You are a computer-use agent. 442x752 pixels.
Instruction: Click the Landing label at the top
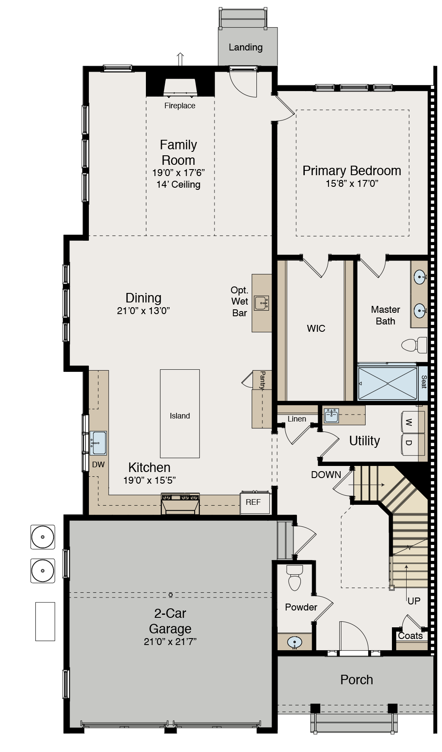pos(245,47)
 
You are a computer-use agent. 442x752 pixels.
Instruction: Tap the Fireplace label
pos(180,106)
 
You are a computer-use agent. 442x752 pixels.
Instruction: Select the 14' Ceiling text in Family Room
pos(178,185)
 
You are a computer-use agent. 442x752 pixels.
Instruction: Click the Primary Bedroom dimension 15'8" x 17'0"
pos(352,184)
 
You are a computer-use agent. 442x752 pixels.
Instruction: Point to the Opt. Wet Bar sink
pos(261,303)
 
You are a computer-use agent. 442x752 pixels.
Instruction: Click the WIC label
pos(316,329)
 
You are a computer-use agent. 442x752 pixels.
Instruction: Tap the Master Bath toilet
pos(414,345)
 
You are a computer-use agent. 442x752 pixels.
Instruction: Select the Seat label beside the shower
pos(423,382)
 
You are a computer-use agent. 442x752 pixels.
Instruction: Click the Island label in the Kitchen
pos(180,416)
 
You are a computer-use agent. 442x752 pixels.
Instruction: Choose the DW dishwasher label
pos(98,465)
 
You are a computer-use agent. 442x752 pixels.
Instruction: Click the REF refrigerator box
pos(254,502)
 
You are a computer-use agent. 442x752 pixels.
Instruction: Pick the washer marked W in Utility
pos(413,422)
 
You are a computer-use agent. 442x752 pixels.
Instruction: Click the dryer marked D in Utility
pos(413,444)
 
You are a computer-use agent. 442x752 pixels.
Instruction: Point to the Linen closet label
pos(297,419)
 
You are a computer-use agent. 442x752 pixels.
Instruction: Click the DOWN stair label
pos(326,475)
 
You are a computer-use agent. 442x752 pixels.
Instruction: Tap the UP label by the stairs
pos(414,601)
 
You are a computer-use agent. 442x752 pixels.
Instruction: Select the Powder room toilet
pos(295,579)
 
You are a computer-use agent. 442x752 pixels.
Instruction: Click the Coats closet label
pos(410,636)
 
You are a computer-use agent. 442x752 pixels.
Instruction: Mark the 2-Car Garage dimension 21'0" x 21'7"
pos(170,642)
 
